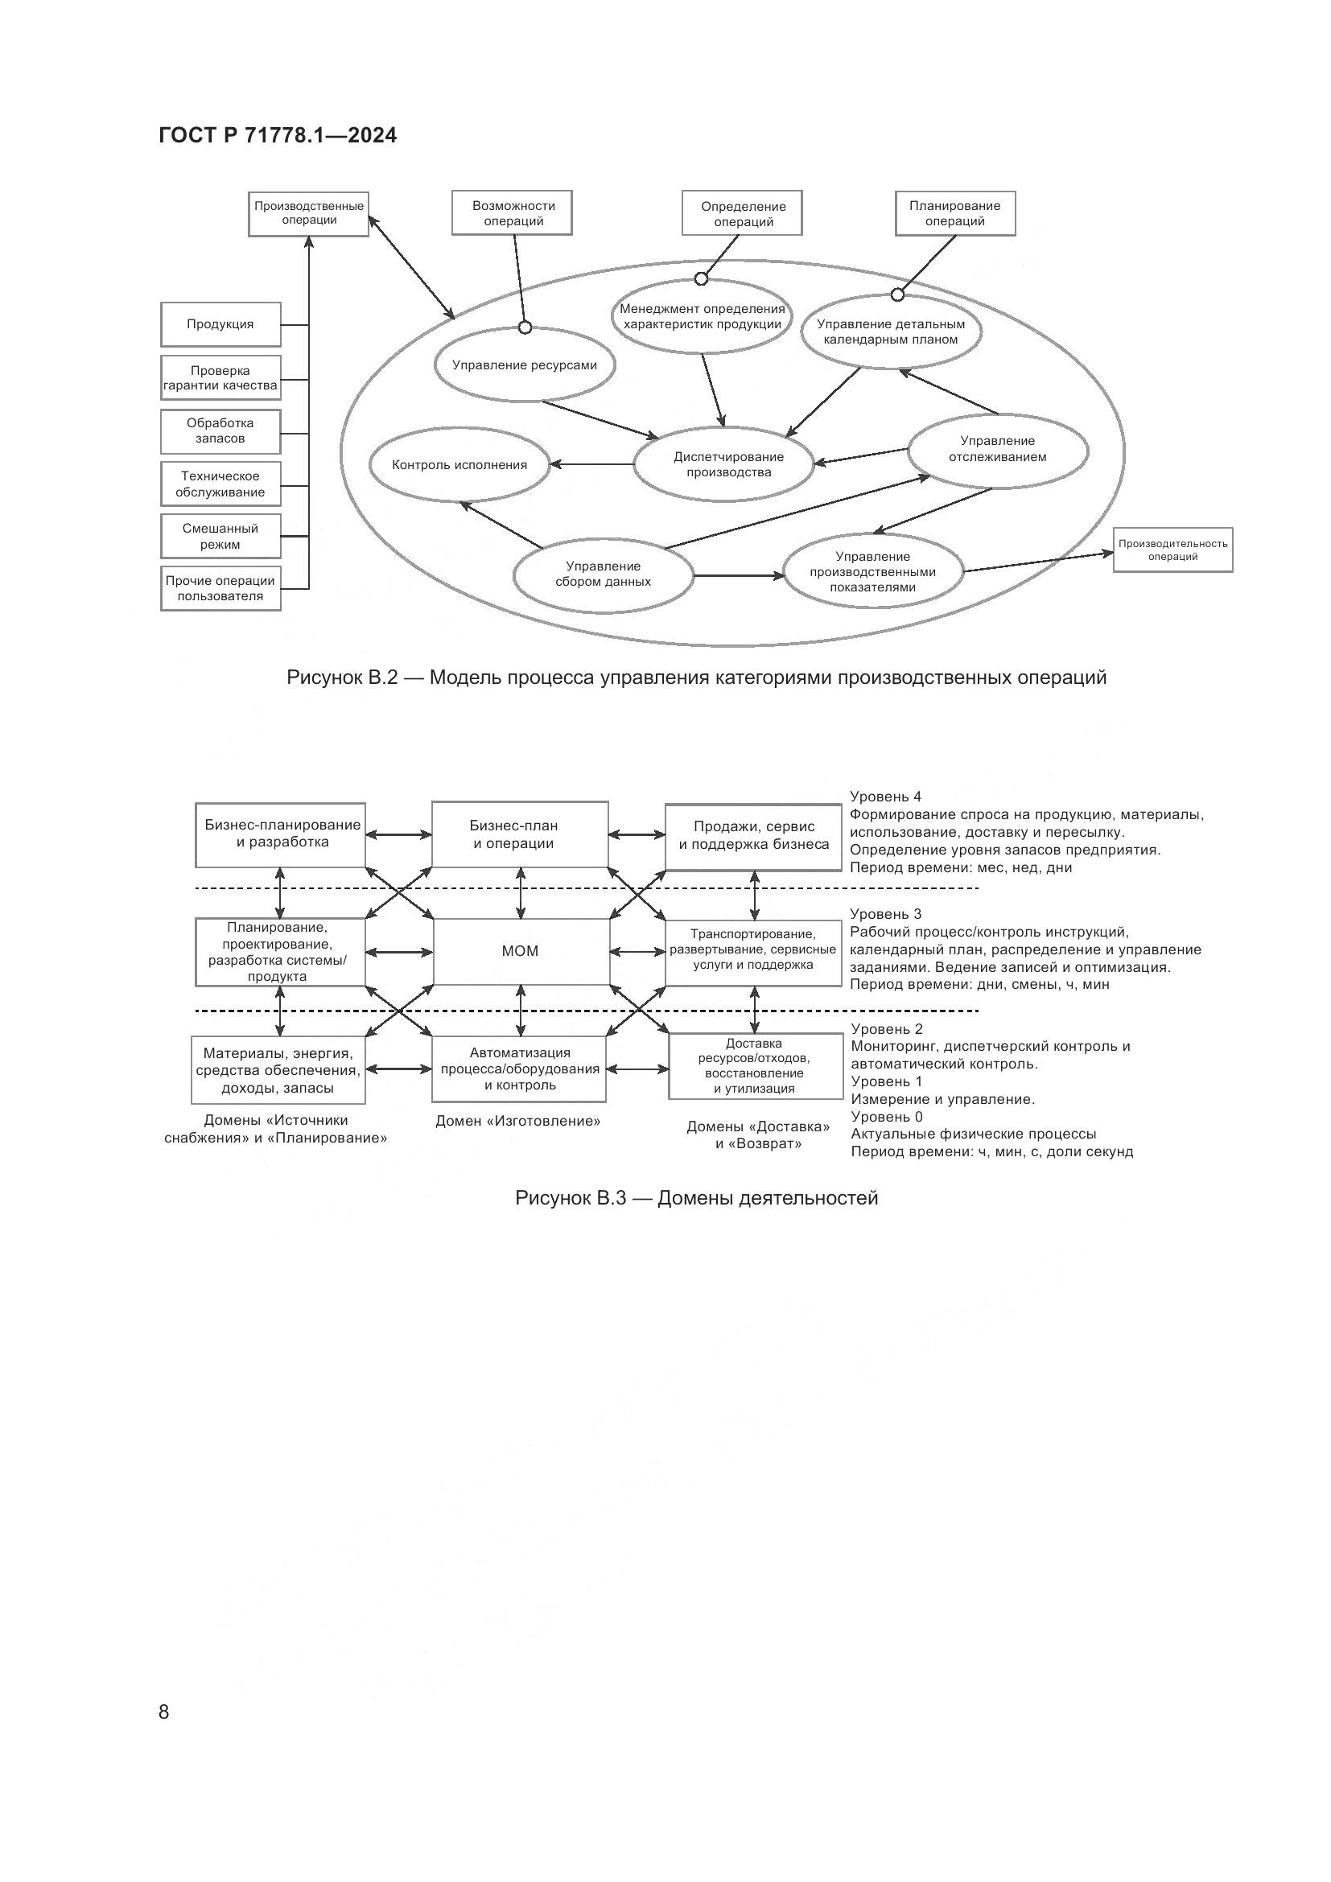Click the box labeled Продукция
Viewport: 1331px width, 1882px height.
click(220, 324)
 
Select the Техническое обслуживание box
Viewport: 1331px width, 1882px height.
click(220, 484)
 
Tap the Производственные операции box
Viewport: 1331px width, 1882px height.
click(308, 213)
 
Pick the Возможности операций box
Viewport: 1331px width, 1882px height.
click(513, 213)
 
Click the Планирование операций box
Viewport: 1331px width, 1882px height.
click(955, 213)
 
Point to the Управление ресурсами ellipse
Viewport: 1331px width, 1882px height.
click(525, 365)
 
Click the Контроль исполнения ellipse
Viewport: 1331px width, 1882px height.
click(459, 465)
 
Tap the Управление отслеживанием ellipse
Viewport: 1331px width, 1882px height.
click(997, 449)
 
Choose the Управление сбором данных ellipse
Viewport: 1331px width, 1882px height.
click(604, 574)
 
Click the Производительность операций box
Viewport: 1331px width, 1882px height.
click(1172, 550)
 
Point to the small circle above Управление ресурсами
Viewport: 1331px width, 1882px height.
click(525, 327)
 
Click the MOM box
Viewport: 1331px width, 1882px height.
click(521, 951)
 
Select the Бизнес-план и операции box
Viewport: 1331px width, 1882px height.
click(520, 834)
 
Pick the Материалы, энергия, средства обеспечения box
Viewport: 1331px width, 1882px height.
click(278, 1070)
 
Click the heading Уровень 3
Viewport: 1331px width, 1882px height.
click(885, 914)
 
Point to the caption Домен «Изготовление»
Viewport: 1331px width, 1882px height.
click(518, 1122)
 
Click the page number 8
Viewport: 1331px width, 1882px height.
click(164, 1711)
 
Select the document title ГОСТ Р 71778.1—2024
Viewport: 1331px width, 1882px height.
click(278, 136)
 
